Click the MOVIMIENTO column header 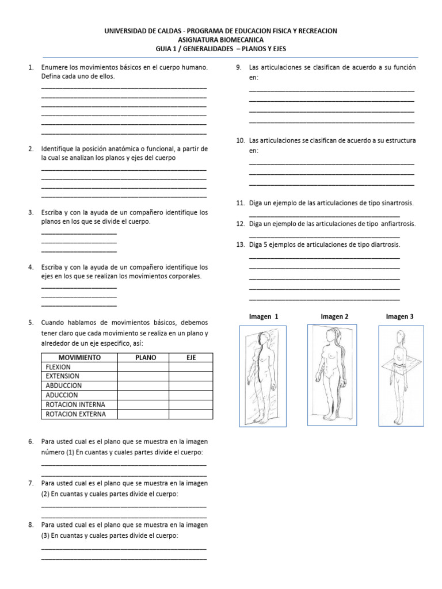pyautogui.click(x=79, y=357)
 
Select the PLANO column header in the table pyautogui.click(x=146, y=357)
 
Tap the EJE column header pyautogui.click(x=191, y=357)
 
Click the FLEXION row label pyautogui.click(x=58, y=367)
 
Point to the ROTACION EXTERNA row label pyautogui.click(x=75, y=414)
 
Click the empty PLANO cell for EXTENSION pyautogui.click(x=143, y=376)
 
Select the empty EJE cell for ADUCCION pyautogui.click(x=191, y=395)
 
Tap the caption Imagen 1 pyautogui.click(x=264, y=316)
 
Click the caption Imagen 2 pyautogui.click(x=334, y=316)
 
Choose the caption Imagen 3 pyautogui.click(x=399, y=316)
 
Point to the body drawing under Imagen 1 pyautogui.click(x=262, y=377)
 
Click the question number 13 pyautogui.click(x=241, y=245)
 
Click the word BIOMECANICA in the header pyautogui.click(x=241, y=40)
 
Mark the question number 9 pyautogui.click(x=239, y=68)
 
